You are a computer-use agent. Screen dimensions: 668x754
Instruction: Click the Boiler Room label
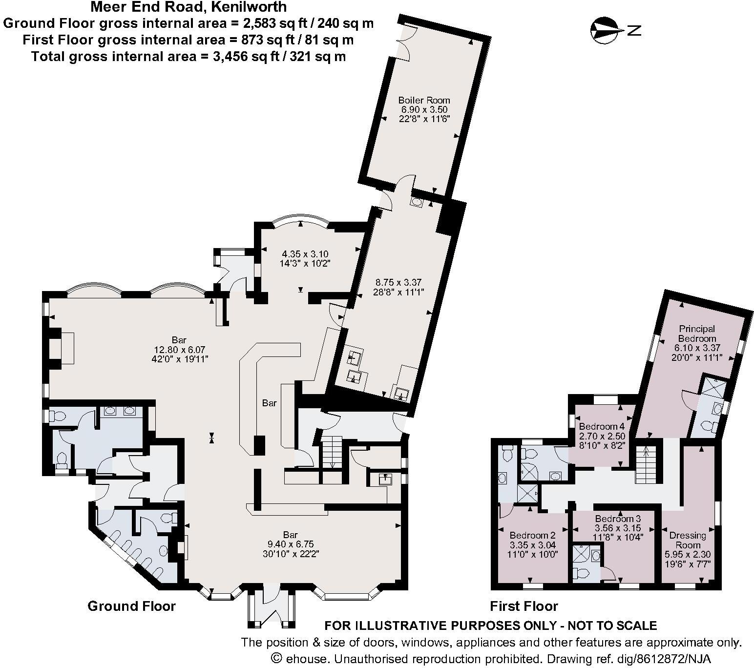tap(423, 101)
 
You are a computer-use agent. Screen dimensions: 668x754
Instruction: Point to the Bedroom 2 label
tap(532, 536)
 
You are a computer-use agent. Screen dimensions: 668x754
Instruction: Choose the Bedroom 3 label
tap(618, 519)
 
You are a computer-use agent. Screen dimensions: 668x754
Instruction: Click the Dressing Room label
tap(688, 540)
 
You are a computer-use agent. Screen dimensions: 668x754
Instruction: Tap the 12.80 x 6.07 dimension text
tap(179, 350)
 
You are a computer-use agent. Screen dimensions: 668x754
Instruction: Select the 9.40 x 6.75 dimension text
tap(290, 544)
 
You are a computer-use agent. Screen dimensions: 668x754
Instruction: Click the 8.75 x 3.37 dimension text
tap(398, 282)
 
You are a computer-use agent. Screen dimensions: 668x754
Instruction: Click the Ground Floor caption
tap(131, 606)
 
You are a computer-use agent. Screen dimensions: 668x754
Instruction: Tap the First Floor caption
tap(524, 606)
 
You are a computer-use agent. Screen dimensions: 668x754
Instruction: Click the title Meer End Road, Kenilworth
tap(188, 7)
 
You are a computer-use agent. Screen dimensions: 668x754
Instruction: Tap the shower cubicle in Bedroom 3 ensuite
tap(581, 555)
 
